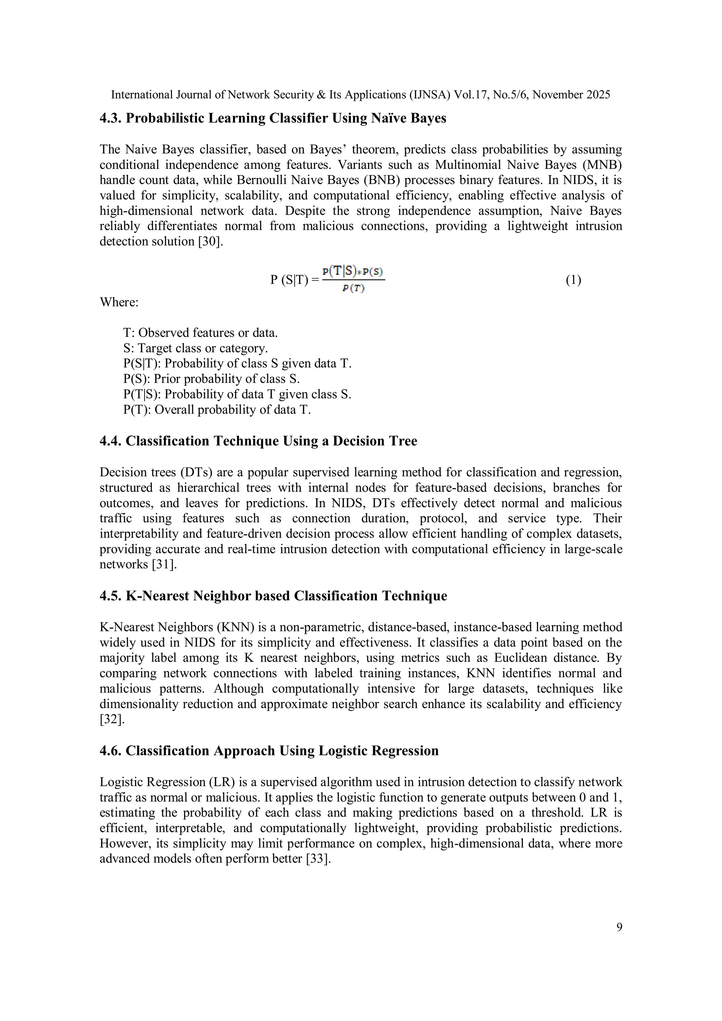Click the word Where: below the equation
[x=119, y=302]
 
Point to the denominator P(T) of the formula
[x=354, y=289]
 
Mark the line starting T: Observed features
[x=201, y=333]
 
